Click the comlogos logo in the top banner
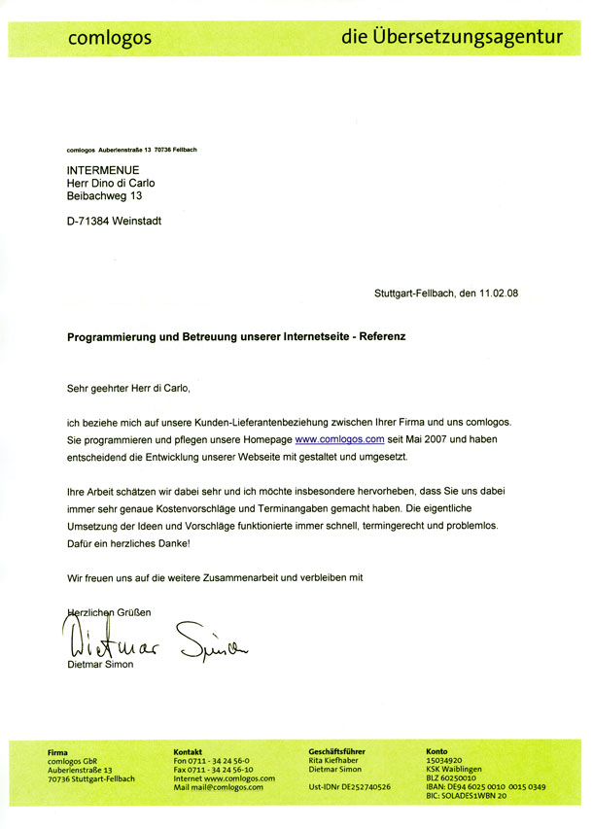[x=109, y=38]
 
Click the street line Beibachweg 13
[x=104, y=195]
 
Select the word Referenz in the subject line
[x=382, y=338]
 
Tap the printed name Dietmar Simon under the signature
[x=100, y=664]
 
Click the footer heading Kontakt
[x=188, y=751]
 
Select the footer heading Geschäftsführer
[x=336, y=751]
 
